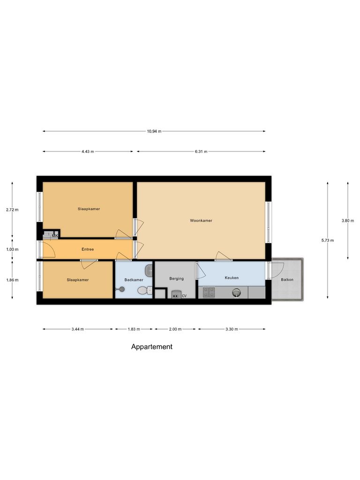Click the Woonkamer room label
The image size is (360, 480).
(201, 220)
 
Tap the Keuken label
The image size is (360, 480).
(232, 278)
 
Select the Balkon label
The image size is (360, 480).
(287, 280)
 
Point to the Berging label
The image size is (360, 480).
(177, 278)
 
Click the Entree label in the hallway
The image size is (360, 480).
(88, 249)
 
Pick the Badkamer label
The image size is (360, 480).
(134, 280)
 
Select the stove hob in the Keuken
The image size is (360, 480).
(209, 293)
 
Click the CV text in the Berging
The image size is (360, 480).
(184, 296)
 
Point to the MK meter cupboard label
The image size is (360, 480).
(55, 236)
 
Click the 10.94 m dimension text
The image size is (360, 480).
(154, 131)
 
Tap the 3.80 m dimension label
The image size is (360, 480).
(348, 221)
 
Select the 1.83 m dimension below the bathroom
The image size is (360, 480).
(134, 329)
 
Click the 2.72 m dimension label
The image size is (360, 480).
(12, 210)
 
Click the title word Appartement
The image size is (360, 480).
(151, 347)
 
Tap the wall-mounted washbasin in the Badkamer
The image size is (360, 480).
(149, 270)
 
